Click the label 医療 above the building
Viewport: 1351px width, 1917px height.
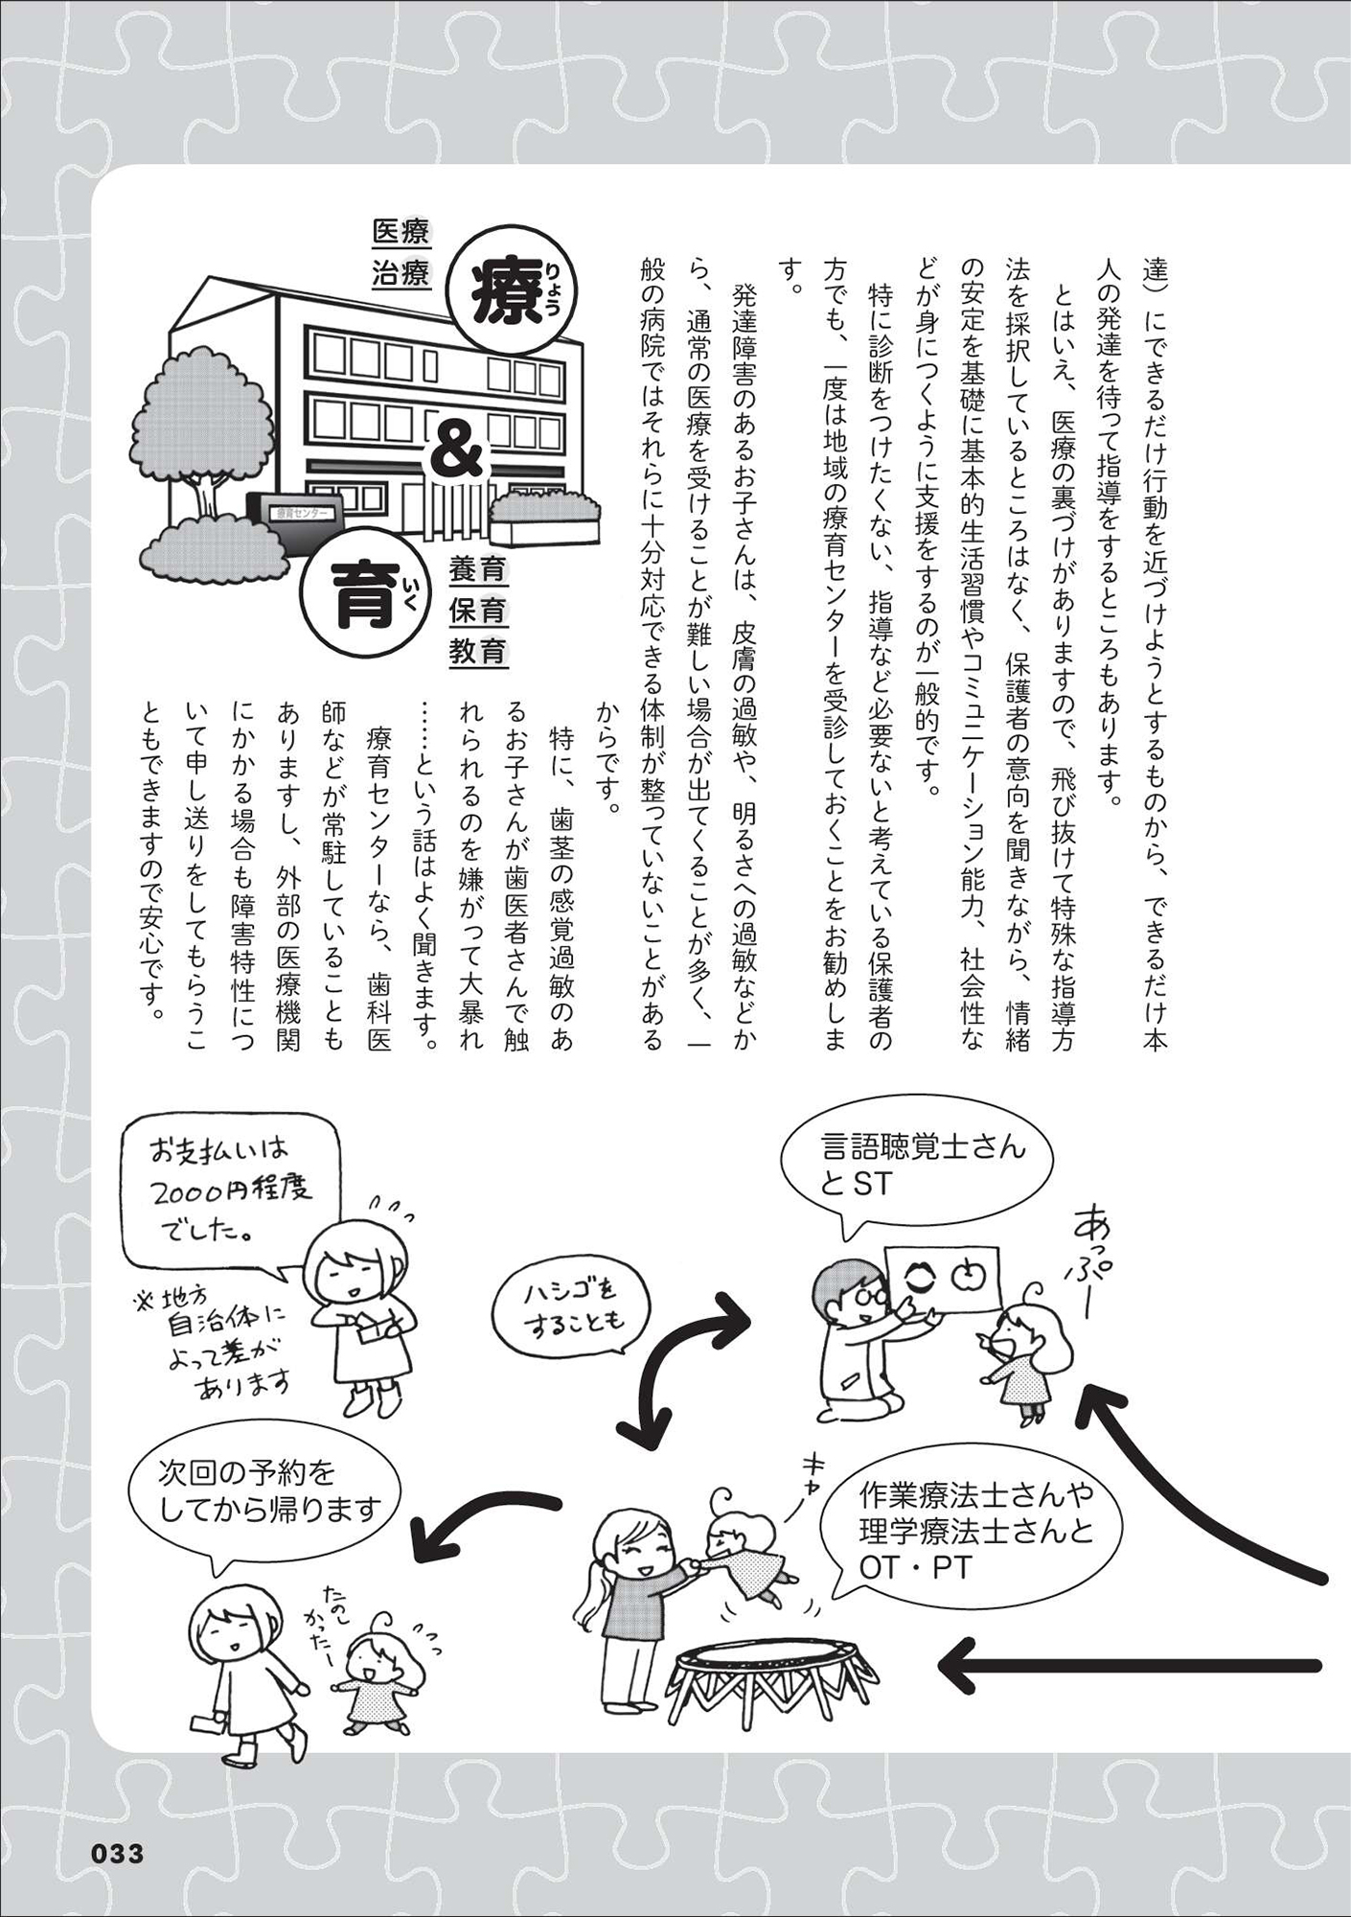coord(401,232)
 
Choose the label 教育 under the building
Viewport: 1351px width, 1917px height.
coord(477,652)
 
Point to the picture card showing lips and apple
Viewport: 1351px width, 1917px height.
coord(942,1276)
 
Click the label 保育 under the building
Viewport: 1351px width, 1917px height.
coord(477,612)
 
